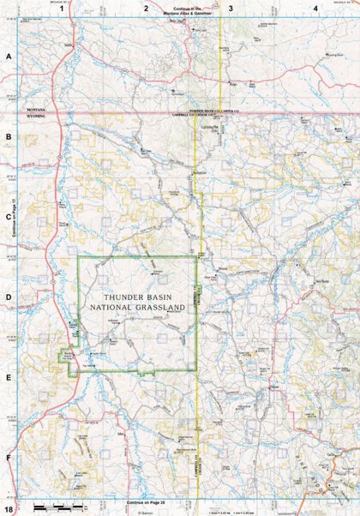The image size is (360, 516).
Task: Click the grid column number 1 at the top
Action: click(x=61, y=9)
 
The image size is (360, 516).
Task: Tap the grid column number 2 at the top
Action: click(x=147, y=9)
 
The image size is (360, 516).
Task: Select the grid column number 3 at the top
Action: click(x=231, y=9)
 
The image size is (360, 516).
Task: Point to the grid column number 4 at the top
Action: click(x=315, y=9)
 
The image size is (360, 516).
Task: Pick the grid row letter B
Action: click(x=9, y=136)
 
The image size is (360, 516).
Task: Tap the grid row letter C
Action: click(x=9, y=217)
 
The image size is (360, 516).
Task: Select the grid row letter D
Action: click(x=9, y=298)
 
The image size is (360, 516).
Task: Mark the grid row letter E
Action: click(x=9, y=378)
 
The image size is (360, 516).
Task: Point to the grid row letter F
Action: click(x=9, y=458)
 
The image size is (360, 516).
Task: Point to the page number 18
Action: click(x=8, y=510)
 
